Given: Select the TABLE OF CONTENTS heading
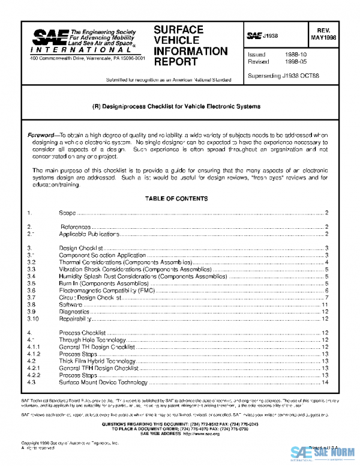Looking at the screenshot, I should [x=176, y=198].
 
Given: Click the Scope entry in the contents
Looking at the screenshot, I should [x=67, y=213].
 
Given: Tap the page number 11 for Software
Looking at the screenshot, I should [x=325, y=305].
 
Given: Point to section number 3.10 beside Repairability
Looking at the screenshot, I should [x=33, y=319].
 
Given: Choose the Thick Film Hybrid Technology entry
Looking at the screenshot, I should [x=97, y=361].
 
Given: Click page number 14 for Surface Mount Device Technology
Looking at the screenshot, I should [x=325, y=382].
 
